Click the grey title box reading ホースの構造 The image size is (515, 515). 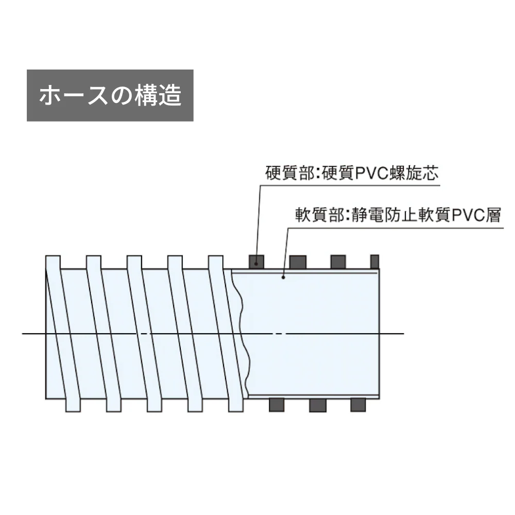point(110,95)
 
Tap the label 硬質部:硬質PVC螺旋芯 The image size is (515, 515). point(352,173)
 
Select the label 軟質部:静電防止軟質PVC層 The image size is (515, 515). point(398,215)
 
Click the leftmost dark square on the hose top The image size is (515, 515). point(256,262)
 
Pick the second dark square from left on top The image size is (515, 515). point(298,262)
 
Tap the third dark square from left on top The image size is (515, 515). point(338,262)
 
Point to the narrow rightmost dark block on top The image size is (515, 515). point(375,262)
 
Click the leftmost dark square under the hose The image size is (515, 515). point(277,405)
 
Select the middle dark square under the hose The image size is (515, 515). point(318,405)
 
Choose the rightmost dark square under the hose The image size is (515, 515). point(358,405)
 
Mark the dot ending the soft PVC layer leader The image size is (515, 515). point(283,278)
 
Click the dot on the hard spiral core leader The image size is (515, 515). point(256,264)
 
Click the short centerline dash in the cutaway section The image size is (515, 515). point(279,334)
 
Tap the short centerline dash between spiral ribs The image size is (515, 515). point(144,334)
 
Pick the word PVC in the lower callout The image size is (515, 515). point(468,215)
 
